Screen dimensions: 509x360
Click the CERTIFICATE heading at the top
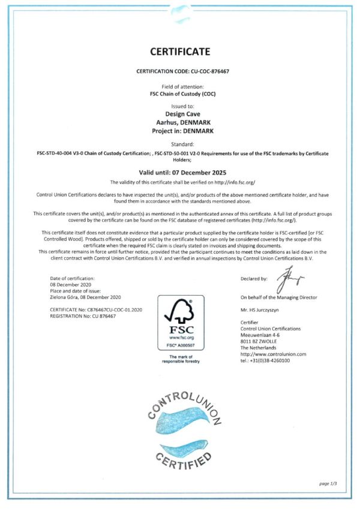(x=181, y=52)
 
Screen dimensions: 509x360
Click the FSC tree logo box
(x=180, y=323)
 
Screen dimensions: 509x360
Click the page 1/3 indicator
(x=329, y=483)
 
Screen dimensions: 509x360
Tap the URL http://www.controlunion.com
(x=273, y=354)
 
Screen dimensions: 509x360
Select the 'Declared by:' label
(x=254, y=279)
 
